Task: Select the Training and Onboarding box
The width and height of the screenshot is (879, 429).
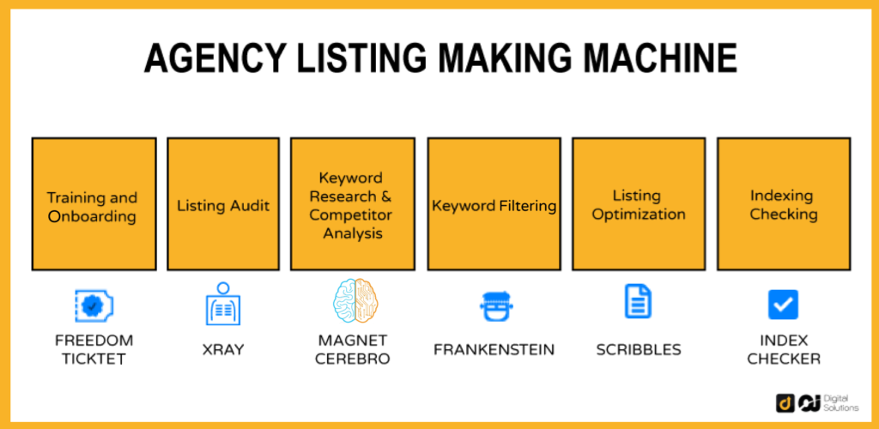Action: coord(93,204)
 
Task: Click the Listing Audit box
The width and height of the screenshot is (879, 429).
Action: coord(223,204)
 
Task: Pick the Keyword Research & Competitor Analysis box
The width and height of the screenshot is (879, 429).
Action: coord(352,204)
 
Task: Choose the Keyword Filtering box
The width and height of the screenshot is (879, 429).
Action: coord(494,204)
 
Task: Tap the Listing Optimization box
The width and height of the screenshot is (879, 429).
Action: coord(638,204)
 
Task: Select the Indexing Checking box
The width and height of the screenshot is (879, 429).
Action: coord(783,204)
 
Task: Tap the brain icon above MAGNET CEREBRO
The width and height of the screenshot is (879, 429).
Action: coord(355,300)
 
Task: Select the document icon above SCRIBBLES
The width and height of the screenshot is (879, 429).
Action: coord(638,302)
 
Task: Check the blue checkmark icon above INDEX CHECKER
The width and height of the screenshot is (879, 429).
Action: coord(783,305)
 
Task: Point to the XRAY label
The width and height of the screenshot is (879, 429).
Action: coord(223,349)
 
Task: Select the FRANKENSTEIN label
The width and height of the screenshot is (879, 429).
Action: coord(494,349)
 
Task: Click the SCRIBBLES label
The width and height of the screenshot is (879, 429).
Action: coord(638,349)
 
